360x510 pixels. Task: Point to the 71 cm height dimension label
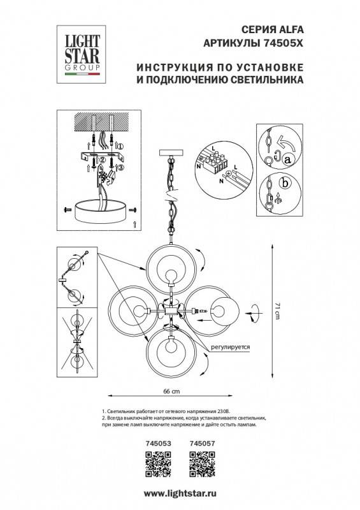pyautogui.click(x=278, y=310)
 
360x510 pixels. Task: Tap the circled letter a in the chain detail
pyautogui.click(x=287, y=159)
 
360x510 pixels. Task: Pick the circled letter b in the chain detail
pyautogui.click(x=285, y=184)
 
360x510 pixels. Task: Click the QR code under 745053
pyautogui.click(x=155, y=463)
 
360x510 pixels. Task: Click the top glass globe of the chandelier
pyautogui.click(x=170, y=271)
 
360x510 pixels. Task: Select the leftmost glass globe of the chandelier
pyautogui.click(x=133, y=310)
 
